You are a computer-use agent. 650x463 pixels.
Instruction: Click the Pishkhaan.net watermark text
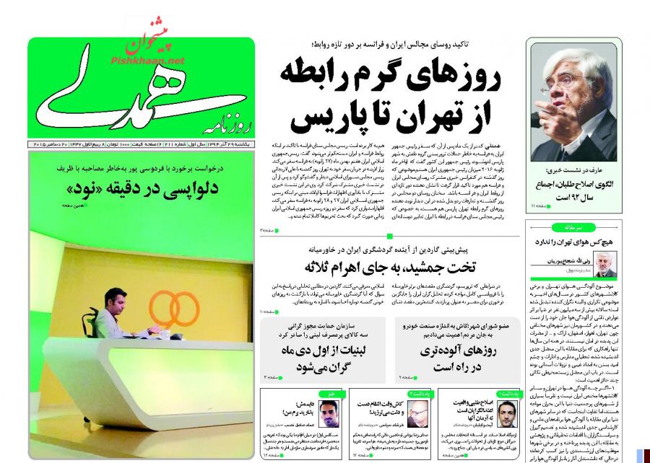coord(148,61)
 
